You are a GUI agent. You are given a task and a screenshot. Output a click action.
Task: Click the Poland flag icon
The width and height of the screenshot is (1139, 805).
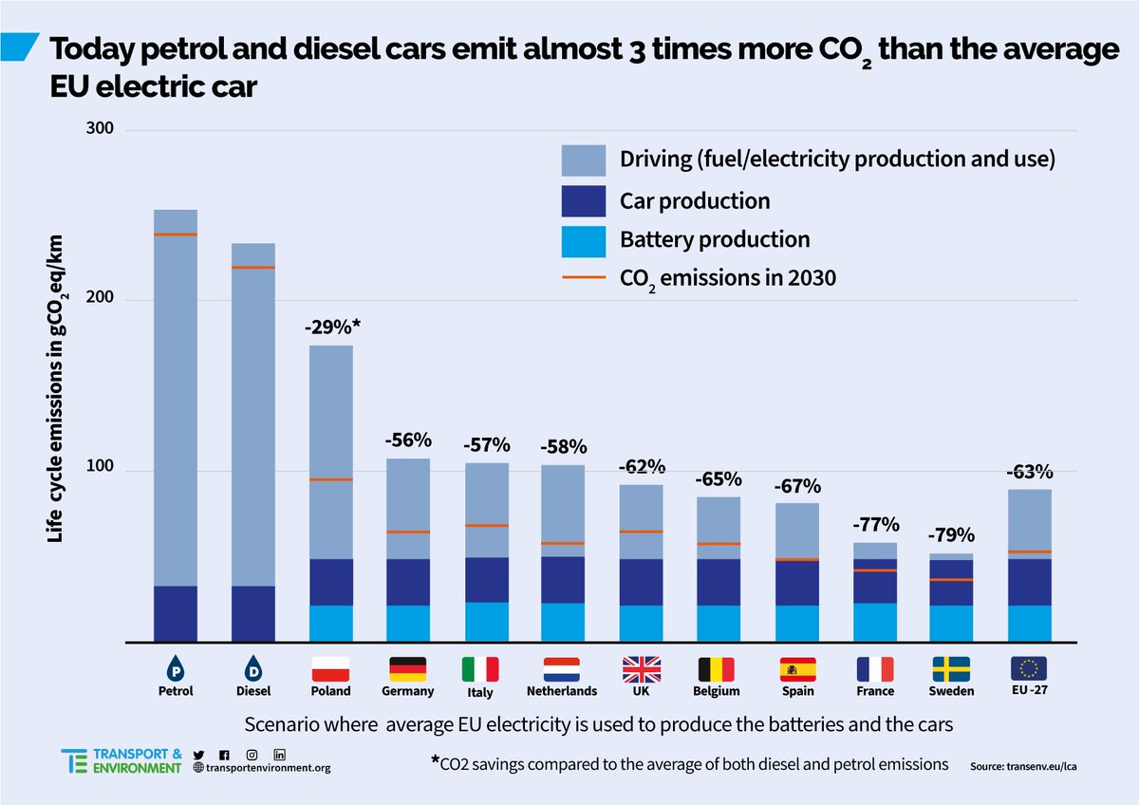coord(330,668)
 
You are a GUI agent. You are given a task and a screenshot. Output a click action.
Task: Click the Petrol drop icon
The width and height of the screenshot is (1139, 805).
coord(176,667)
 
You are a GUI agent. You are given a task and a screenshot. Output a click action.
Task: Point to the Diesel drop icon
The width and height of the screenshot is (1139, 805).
coord(253,667)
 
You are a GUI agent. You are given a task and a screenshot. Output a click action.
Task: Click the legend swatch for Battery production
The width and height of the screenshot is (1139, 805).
coord(583,240)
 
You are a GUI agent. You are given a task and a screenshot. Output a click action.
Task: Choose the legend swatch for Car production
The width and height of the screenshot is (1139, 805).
coord(583,200)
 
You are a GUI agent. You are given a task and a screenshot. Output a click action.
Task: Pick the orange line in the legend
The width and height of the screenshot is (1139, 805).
coord(583,279)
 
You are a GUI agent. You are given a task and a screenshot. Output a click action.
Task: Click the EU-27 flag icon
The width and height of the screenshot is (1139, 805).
coord(1030,667)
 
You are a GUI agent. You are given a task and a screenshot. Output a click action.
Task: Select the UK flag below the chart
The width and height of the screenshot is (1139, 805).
coord(641,668)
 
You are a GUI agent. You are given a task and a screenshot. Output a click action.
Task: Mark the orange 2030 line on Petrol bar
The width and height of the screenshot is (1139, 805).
coord(176,234)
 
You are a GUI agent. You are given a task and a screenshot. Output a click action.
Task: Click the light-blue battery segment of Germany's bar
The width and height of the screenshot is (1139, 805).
coord(408,623)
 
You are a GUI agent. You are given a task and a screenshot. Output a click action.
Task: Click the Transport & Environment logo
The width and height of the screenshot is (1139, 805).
coord(121,760)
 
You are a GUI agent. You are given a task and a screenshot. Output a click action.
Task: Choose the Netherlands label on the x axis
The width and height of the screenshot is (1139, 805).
coord(563,691)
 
